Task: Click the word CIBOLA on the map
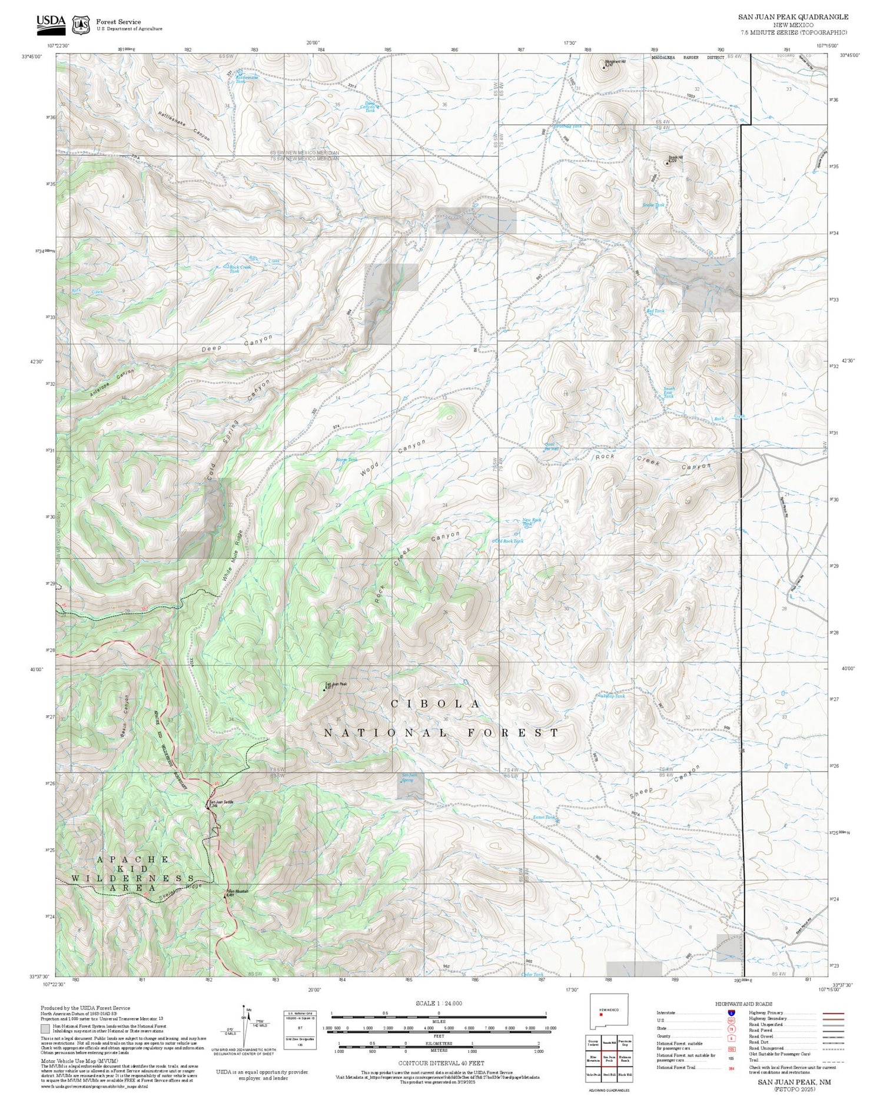[x=436, y=704]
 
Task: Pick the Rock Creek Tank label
[x=234, y=269]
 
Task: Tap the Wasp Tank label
[x=614, y=696]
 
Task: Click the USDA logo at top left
[x=51, y=24]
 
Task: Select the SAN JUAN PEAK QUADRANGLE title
[x=793, y=17]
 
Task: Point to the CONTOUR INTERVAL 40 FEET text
[x=441, y=1063]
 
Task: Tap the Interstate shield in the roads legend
[x=731, y=1013]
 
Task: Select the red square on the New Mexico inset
[x=601, y=1014]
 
